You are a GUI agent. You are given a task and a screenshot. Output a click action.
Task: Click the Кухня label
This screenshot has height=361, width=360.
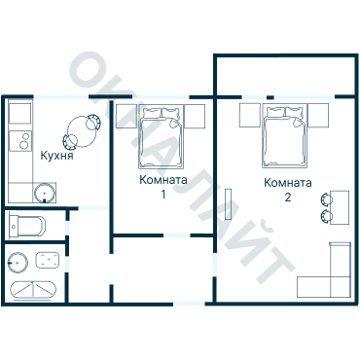click(57, 156)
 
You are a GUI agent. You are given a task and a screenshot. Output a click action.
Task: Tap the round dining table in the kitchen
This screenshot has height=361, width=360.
click(82, 131)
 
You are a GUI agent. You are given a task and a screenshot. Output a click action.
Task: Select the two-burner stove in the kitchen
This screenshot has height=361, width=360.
click(20, 141)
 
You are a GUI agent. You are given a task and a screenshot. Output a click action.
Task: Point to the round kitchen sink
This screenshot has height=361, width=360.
click(44, 193)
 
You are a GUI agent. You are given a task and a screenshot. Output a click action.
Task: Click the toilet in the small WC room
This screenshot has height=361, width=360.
click(27, 225)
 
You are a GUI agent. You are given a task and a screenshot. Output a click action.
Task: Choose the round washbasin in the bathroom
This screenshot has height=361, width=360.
click(18, 262)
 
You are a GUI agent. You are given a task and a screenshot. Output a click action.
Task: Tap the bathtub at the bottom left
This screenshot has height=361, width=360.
click(33, 289)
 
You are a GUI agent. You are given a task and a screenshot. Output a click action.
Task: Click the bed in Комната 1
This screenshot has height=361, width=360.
click(161, 137)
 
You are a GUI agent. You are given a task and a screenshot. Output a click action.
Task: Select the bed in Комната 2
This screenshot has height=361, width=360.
click(284, 136)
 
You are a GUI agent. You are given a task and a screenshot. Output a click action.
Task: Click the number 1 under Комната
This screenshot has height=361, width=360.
click(163, 194)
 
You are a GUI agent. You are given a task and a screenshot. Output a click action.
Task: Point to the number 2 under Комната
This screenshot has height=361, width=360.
click(288, 197)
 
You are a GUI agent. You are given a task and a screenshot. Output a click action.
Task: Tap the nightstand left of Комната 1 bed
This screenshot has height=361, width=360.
click(126, 116)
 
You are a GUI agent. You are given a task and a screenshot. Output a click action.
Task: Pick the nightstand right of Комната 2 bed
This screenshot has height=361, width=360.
click(318, 115)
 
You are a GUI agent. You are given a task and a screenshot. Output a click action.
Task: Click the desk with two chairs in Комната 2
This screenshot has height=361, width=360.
click(340, 207)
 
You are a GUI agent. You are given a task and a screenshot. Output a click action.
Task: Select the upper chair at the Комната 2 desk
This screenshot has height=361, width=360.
click(326, 199)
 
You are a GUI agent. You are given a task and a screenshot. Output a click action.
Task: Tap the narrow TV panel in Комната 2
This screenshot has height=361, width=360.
click(229, 204)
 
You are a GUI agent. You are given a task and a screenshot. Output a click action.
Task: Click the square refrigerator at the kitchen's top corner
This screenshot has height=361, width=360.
click(20, 114)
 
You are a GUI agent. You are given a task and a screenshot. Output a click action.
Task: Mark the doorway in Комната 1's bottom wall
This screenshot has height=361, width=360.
click(176, 235)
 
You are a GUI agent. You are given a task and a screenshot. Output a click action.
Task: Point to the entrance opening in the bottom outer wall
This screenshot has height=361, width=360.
click(189, 304)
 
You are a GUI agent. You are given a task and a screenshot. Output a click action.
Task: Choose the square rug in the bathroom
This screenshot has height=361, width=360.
click(48, 261)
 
